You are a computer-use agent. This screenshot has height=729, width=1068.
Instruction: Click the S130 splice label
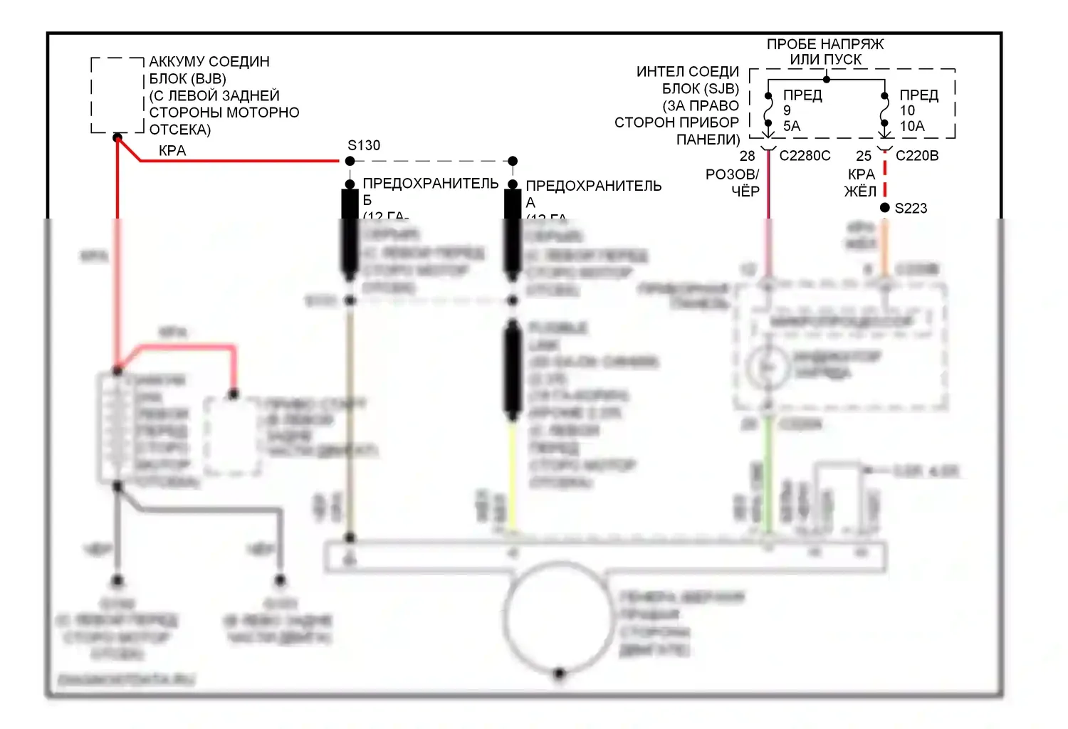(363, 145)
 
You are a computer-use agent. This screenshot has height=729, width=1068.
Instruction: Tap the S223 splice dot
(884, 208)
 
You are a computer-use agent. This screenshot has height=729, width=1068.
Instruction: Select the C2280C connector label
(805, 156)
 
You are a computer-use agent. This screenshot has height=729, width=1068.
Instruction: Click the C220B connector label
(916, 156)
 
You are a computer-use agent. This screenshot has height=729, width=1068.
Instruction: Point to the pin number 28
(747, 156)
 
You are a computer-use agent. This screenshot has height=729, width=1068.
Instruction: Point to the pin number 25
(863, 156)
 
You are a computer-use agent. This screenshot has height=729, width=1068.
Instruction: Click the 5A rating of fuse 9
(791, 126)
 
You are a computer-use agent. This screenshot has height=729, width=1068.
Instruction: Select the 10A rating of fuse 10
(911, 126)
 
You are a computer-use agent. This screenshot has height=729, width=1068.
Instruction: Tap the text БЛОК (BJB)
(187, 78)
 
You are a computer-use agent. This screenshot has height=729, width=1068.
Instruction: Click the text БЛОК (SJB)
(700, 89)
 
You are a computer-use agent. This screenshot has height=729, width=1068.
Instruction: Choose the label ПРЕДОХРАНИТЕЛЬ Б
(430, 184)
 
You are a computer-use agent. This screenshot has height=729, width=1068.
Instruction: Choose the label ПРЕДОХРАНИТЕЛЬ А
(593, 186)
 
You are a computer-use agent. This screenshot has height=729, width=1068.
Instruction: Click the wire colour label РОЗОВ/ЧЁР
(733, 182)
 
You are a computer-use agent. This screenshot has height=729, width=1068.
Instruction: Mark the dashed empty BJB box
(117, 95)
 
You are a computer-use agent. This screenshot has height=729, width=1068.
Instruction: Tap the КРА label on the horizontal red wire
(172, 151)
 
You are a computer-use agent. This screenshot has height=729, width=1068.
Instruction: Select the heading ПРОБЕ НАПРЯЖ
(824, 44)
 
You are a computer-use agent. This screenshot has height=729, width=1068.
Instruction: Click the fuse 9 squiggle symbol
(768, 110)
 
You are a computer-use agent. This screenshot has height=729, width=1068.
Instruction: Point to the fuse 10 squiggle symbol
(884, 110)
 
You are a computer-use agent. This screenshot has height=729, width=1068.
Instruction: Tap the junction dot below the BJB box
(117, 137)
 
